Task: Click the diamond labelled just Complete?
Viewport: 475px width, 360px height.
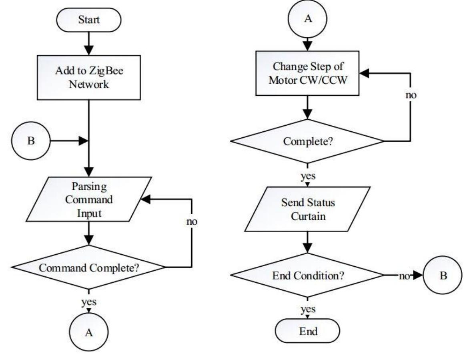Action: (307, 141)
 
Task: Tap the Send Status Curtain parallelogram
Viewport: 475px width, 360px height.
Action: (307, 209)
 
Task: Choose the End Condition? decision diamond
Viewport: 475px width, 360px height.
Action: (307, 276)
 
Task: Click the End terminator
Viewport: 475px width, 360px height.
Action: (307, 332)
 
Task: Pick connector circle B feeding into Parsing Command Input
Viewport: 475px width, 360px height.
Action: (31, 141)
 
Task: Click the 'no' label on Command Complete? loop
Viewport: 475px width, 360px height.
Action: (192, 221)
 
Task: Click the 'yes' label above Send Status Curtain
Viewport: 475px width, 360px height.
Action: (307, 177)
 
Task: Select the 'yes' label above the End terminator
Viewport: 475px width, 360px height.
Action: (307, 309)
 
